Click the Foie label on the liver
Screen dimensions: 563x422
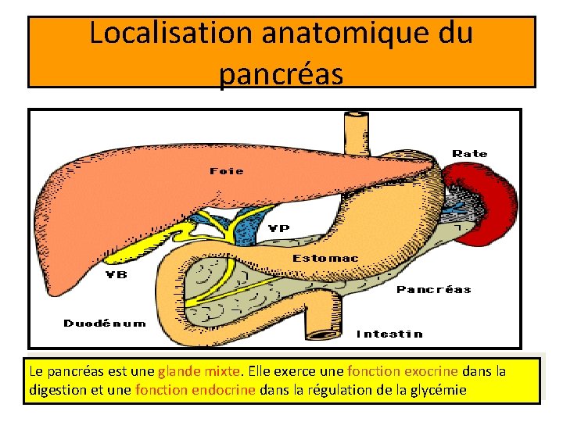click(226, 170)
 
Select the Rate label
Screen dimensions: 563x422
click(469, 153)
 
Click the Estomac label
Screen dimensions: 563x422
click(325, 258)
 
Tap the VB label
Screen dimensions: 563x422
click(117, 274)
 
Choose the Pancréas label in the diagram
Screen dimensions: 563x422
click(433, 289)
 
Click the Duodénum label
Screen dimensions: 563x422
click(104, 323)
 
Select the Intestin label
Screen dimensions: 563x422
click(389, 334)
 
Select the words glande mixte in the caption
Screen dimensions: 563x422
click(202, 370)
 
